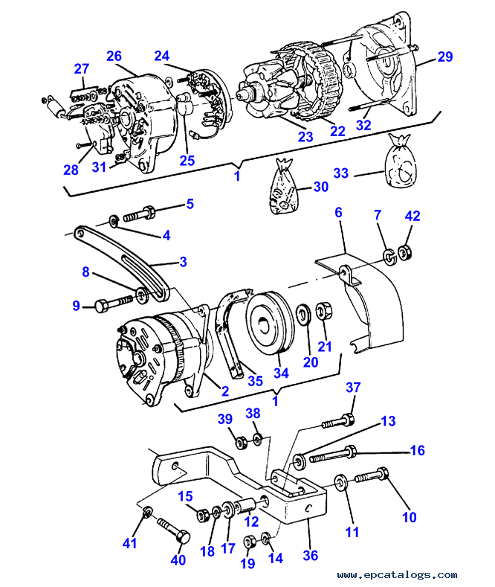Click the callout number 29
(x=445, y=57)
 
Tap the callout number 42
(x=412, y=216)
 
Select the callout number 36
(x=311, y=555)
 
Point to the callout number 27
(x=82, y=69)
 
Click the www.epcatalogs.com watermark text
(x=397, y=574)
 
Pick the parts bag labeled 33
(x=400, y=160)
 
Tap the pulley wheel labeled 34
(x=271, y=324)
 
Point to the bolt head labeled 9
(x=101, y=306)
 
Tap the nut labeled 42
(x=404, y=252)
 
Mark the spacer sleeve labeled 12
(x=245, y=505)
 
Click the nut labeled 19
(x=250, y=542)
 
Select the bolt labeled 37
(x=338, y=421)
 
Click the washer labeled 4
(x=114, y=221)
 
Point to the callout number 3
(x=183, y=262)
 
